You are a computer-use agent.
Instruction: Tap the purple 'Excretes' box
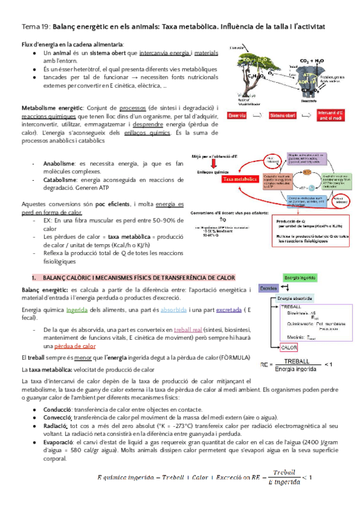(268, 288)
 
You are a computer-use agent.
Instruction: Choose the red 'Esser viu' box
(241, 115)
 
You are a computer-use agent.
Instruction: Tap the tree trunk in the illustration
(248, 79)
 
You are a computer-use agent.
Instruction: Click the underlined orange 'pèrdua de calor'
(75, 346)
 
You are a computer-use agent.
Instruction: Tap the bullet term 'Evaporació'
(59, 442)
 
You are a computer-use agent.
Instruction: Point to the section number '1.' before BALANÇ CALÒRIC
(34, 277)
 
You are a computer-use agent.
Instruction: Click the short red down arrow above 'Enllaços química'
(213, 164)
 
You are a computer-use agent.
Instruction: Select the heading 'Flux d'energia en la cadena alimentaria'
(73, 45)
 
